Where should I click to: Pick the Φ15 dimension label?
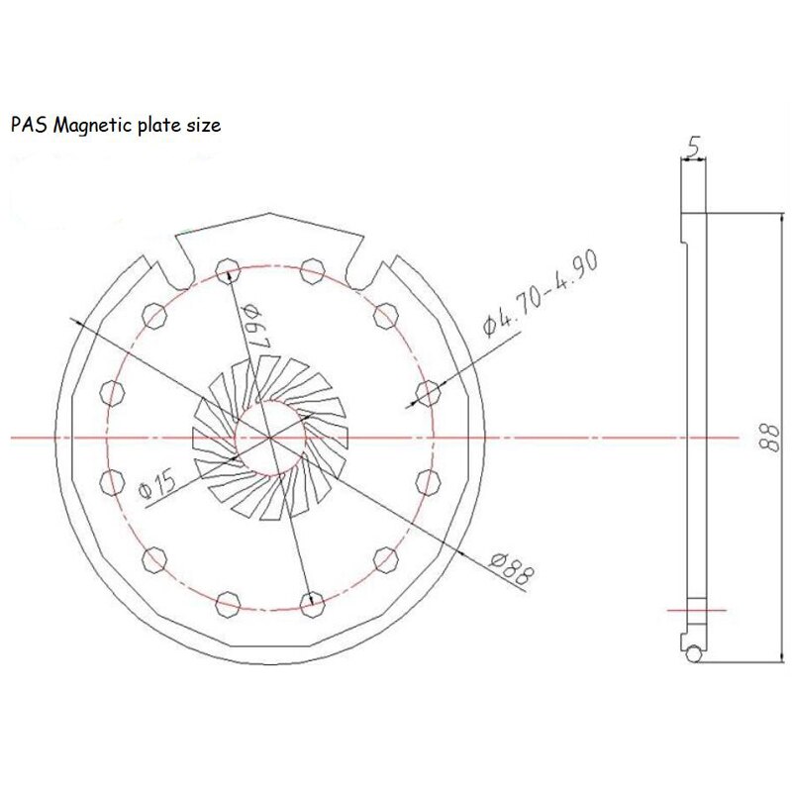click(159, 484)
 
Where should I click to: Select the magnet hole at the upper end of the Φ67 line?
click(227, 265)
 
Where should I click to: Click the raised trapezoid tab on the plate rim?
click(269, 236)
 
